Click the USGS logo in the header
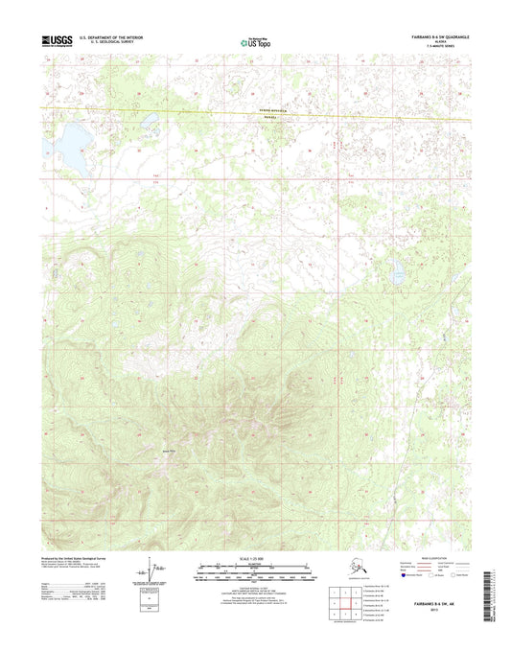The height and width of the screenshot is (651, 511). [57, 40]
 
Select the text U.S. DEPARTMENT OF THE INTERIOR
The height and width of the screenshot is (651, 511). [117, 37]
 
